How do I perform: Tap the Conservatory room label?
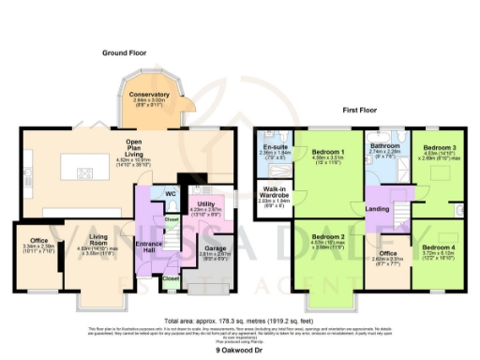click(150, 95)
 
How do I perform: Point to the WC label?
click(170, 194)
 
